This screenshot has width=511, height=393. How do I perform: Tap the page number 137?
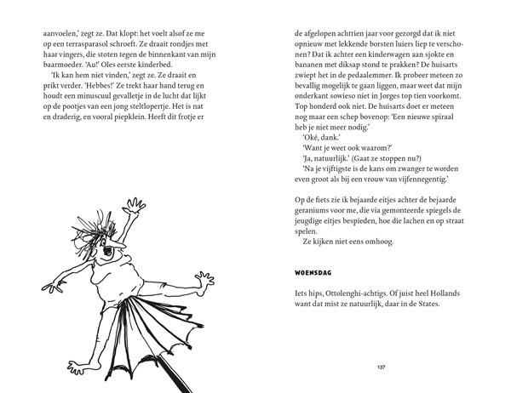pyautogui.click(x=380, y=368)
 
